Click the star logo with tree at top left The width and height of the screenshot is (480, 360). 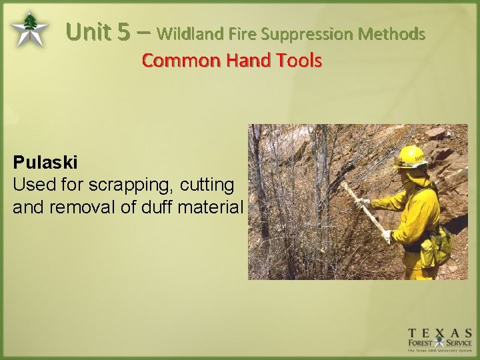[x=29, y=29]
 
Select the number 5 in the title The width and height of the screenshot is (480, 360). [x=123, y=31]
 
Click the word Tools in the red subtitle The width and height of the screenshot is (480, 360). [x=300, y=61]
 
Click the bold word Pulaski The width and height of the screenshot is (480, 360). [x=45, y=162]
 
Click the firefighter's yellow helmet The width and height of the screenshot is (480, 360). [x=409, y=157]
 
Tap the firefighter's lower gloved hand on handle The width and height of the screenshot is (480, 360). [x=387, y=236]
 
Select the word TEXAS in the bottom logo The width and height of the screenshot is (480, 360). [x=440, y=333]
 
